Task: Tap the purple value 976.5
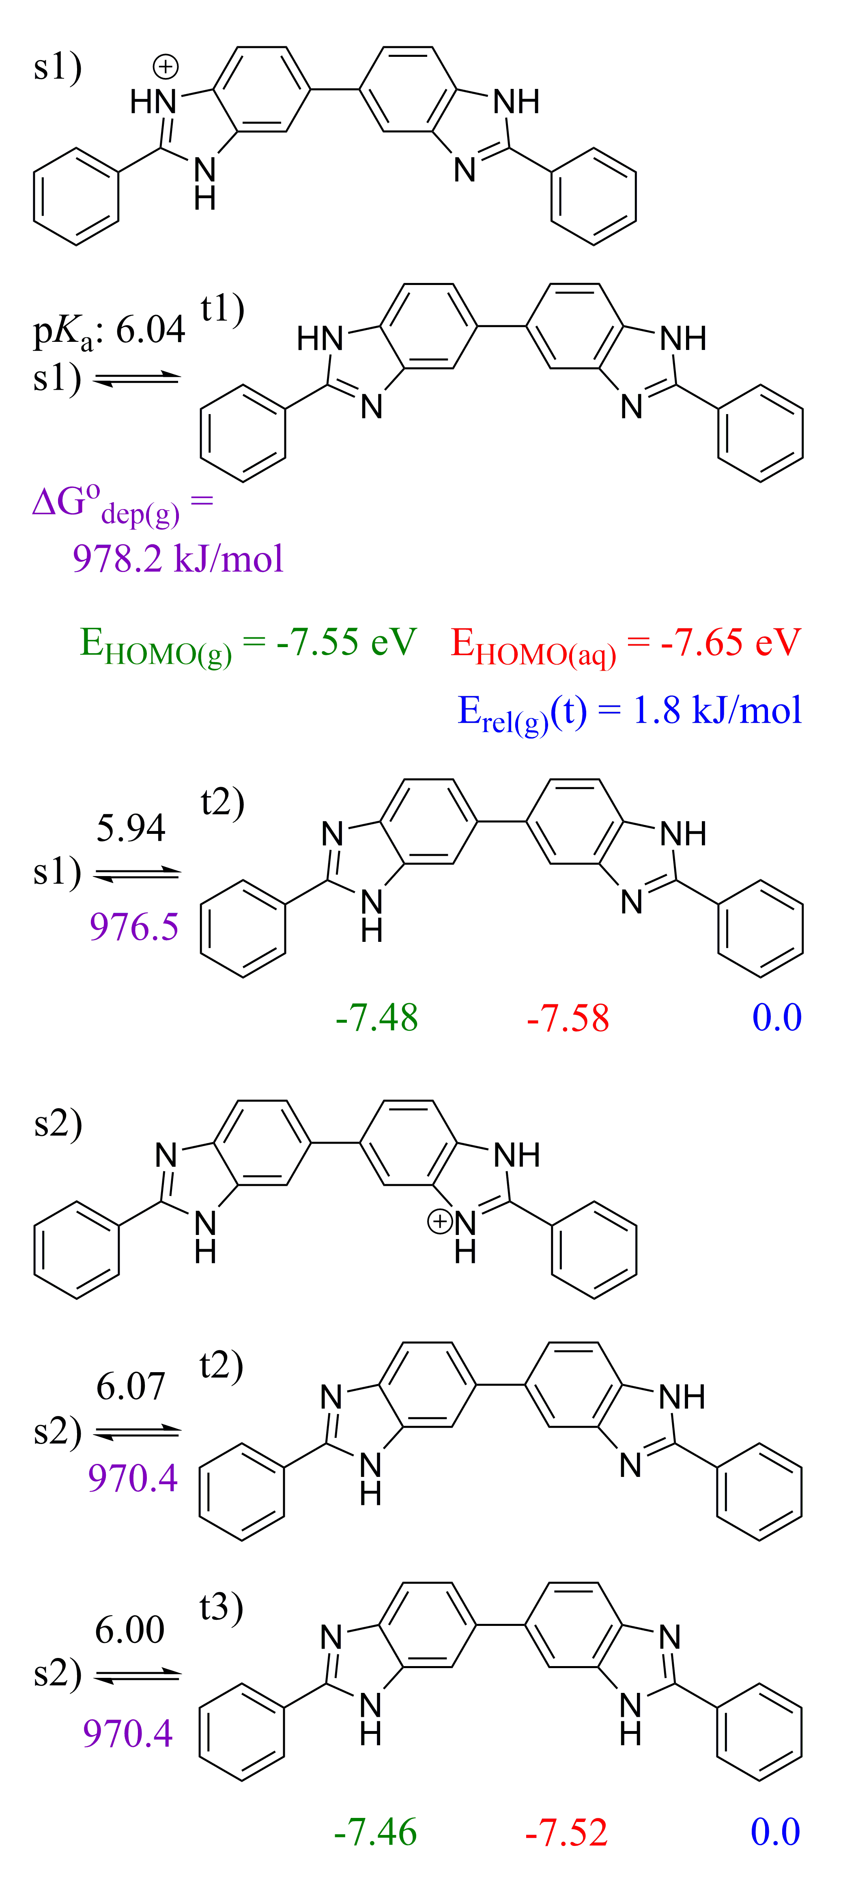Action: click(134, 927)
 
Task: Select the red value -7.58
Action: click(568, 1019)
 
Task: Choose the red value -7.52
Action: click(566, 1833)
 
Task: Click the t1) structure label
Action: click(222, 309)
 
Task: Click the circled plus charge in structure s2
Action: click(439, 1221)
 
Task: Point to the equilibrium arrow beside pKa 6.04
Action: click(137, 378)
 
